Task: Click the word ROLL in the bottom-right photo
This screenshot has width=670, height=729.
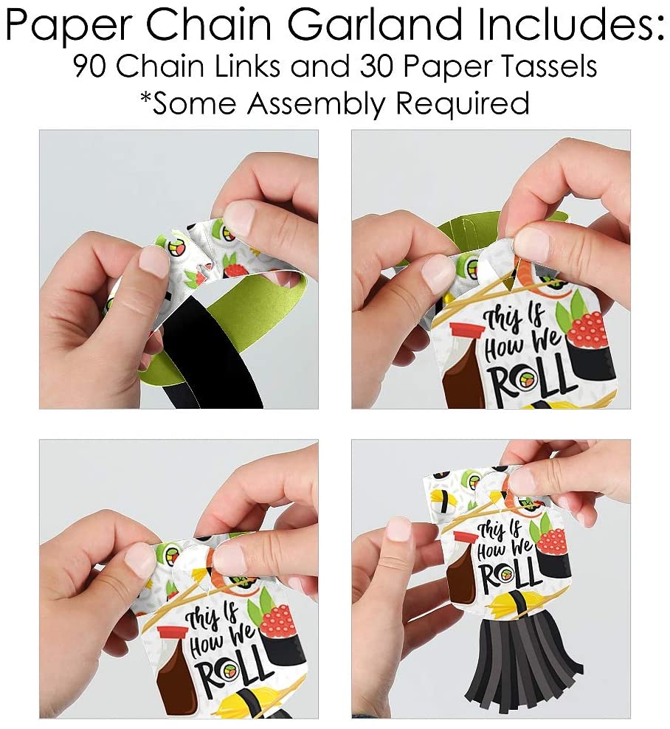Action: (x=510, y=575)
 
